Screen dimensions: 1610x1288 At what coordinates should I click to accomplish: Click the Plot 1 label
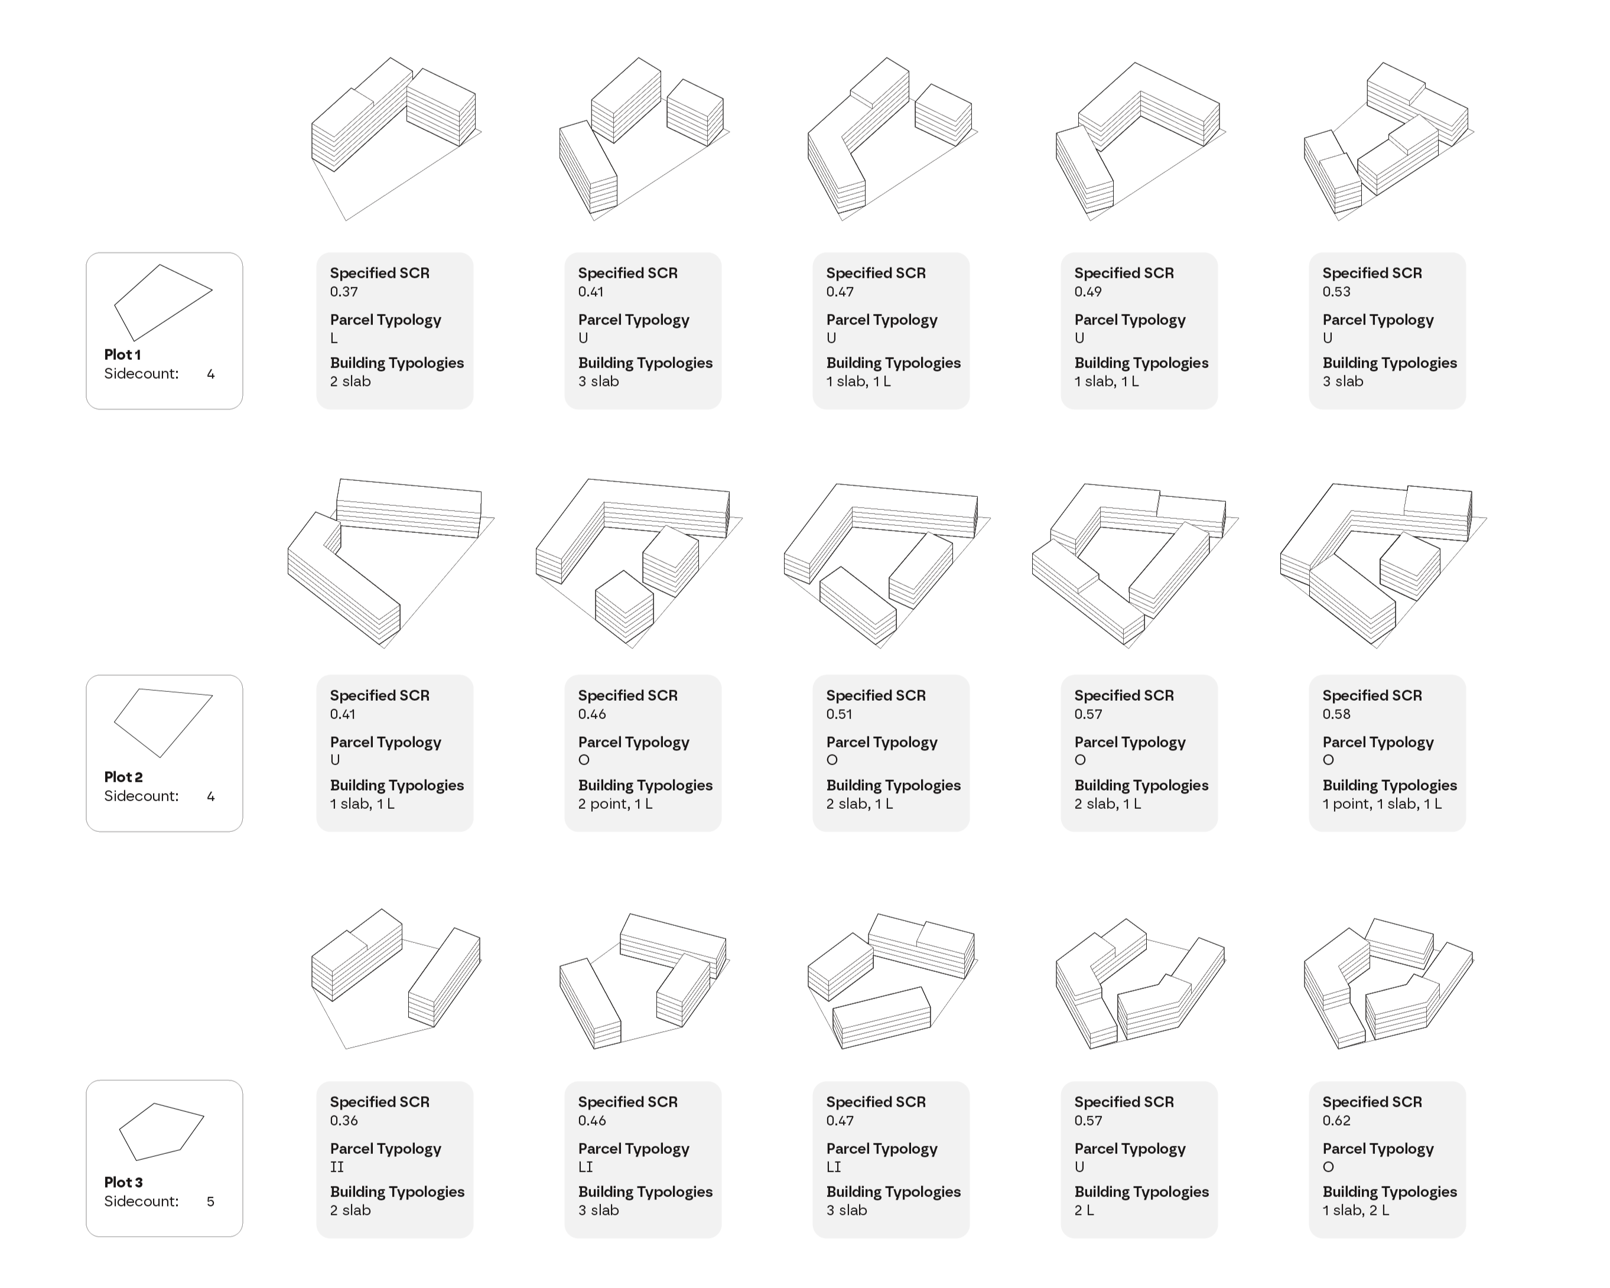pos(122,354)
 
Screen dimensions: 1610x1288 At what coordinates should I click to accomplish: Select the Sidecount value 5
pos(210,1201)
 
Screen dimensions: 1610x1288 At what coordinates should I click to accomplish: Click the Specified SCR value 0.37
pos(344,292)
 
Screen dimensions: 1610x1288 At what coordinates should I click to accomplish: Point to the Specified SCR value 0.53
pos(1336,292)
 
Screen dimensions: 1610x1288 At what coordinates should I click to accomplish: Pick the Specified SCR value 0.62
pos(1336,1121)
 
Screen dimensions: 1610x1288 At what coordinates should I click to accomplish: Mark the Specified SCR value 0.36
pos(344,1121)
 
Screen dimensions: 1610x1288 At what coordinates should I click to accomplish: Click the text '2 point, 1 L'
pos(615,804)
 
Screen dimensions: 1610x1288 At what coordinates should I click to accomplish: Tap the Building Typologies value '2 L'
pos(1084,1211)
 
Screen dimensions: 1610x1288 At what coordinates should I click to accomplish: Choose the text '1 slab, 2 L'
pos(1356,1211)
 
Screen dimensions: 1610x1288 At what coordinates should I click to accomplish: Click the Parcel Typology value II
pos(337,1167)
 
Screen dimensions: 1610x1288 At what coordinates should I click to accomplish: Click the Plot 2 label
pos(123,778)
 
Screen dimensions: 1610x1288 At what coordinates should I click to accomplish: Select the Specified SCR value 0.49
pos(1089,292)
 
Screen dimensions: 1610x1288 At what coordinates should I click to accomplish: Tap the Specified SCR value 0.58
pos(1336,714)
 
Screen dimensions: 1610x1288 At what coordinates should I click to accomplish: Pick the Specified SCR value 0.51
pos(840,714)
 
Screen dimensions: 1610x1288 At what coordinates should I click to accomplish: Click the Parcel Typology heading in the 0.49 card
pos(1130,320)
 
